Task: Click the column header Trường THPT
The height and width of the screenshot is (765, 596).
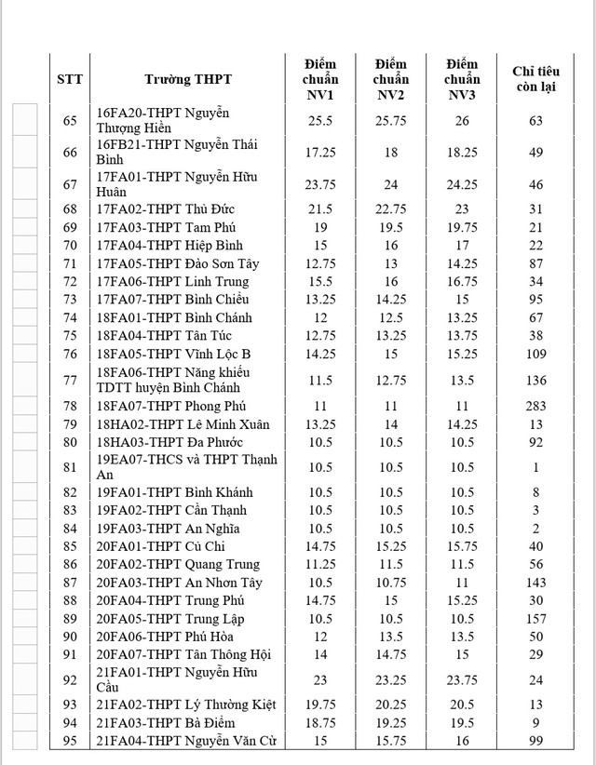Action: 188,79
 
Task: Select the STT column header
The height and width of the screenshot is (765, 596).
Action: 70,79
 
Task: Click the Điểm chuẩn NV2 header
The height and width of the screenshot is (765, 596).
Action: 391,79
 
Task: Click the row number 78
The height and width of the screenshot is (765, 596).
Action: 70,407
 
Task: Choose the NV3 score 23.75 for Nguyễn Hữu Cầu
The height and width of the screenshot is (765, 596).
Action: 462,680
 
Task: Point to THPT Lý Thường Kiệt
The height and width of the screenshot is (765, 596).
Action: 185,705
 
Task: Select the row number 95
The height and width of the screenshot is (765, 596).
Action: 70,741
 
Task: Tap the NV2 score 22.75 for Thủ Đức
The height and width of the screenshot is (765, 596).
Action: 391,209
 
